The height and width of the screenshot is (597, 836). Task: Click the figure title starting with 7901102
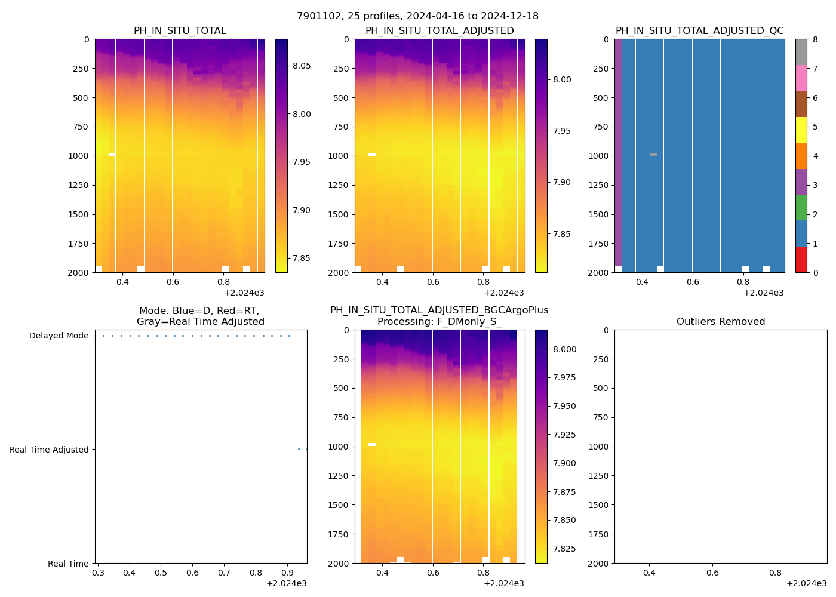point(417,16)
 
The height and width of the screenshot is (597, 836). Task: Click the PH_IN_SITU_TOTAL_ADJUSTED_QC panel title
point(699,31)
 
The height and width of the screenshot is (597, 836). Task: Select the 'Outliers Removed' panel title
point(720,322)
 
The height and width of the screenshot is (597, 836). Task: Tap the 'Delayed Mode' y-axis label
point(59,336)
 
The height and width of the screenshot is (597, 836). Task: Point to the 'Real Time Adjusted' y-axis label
point(48,450)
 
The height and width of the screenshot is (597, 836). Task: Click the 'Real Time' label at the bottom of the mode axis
point(68,564)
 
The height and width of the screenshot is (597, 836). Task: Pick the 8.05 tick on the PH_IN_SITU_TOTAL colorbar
point(301,66)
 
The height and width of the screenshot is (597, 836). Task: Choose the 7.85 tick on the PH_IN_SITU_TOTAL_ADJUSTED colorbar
point(561,234)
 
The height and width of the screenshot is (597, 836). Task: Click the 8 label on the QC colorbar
point(815,39)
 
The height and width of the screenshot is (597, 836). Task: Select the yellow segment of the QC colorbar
point(801,130)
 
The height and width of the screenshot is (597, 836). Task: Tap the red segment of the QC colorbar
point(801,260)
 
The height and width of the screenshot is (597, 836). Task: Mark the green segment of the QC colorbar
point(801,207)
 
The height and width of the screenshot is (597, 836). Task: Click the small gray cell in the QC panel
point(653,155)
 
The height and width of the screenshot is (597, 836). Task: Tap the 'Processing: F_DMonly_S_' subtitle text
point(439,322)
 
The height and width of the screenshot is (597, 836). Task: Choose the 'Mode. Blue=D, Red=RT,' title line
point(199,311)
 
